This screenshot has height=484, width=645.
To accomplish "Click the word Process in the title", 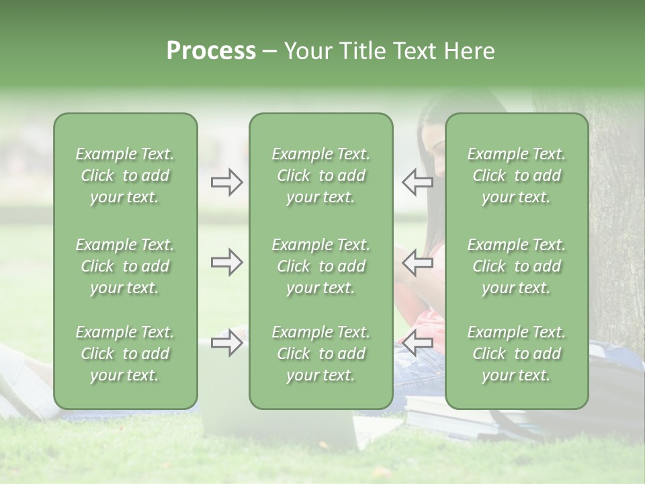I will point(211,51).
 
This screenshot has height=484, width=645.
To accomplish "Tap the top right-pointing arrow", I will point(226,182).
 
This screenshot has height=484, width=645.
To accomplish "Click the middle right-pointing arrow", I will point(226,262).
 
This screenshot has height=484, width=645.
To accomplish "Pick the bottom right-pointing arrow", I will point(226,344).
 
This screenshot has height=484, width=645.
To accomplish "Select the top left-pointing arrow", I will point(418,182).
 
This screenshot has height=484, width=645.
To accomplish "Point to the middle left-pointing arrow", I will point(418,262).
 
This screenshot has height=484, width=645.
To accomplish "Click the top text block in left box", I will point(125,175).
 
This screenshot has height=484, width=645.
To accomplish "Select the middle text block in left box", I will point(125,266).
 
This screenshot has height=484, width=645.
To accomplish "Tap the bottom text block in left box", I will point(125,354).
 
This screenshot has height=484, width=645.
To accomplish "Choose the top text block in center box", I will point(320,175).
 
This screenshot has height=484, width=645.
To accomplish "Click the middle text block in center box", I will point(320,266).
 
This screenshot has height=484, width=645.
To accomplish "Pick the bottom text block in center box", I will point(320,354).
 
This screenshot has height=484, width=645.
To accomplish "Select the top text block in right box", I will point(516,175).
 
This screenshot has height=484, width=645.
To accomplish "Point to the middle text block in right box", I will point(516,266).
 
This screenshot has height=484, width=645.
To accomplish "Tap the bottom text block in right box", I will point(516,354).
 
